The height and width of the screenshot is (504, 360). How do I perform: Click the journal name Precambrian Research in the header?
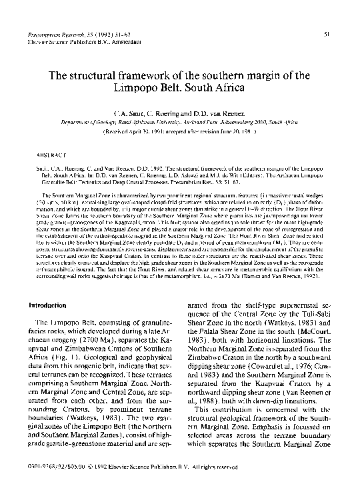click(62, 33)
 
